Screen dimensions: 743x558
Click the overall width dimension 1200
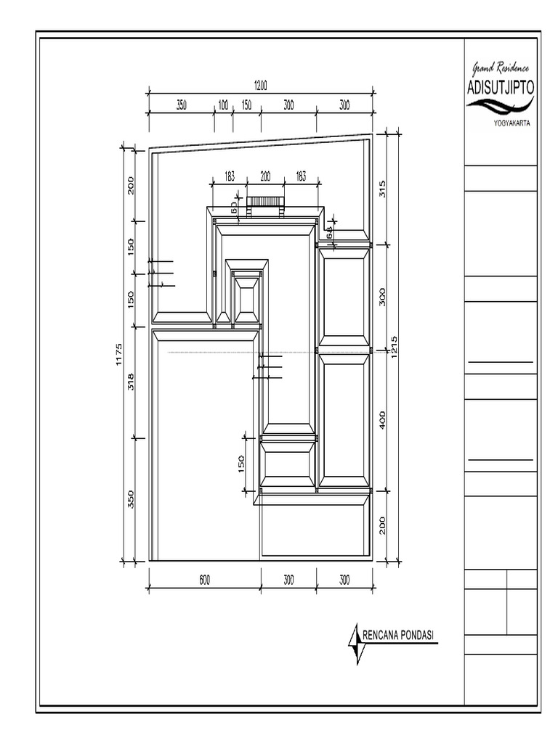[x=261, y=85]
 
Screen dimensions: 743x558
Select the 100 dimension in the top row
[x=223, y=105]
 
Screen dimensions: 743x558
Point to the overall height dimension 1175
[x=120, y=356]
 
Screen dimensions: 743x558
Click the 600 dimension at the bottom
[x=204, y=580]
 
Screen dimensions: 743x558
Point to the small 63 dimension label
[x=234, y=207]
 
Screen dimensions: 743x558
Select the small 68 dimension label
[x=329, y=232]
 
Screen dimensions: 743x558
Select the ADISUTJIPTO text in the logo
[x=501, y=88]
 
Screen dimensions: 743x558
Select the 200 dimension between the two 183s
[x=264, y=176]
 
